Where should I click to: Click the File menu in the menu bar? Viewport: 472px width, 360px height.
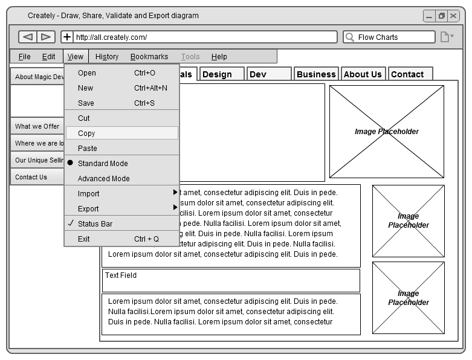[24, 57]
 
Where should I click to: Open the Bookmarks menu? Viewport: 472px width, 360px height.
[149, 57]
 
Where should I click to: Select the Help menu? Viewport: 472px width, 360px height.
[219, 57]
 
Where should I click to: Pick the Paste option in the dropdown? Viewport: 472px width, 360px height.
[88, 149]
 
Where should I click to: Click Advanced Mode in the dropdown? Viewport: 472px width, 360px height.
[104, 179]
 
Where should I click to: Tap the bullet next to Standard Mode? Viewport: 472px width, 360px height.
[70, 163]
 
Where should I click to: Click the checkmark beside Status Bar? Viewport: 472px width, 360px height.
[70, 223]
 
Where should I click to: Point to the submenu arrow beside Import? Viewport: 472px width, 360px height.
[175, 192]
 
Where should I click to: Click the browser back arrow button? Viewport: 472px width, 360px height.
[27, 37]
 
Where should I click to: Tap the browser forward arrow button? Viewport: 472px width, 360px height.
[46, 37]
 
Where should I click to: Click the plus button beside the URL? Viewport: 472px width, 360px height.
[67, 37]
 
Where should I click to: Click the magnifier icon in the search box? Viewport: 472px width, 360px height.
[349, 37]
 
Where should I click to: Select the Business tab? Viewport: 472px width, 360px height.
[316, 74]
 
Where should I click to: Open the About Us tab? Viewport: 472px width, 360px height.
[363, 74]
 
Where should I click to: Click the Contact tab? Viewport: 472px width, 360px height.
[407, 74]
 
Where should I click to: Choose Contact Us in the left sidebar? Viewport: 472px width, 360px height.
[31, 177]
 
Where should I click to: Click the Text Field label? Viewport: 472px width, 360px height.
[121, 275]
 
